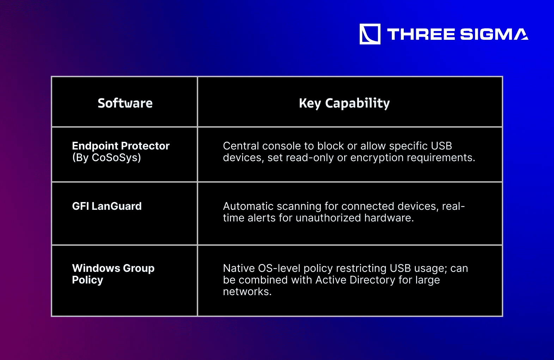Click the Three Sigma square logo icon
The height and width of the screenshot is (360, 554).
pyautogui.click(x=370, y=34)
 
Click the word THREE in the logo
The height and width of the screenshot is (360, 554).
pyautogui.click(x=421, y=34)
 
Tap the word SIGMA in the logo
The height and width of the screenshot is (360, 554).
pyautogui.click(x=494, y=34)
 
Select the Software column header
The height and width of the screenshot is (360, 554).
pyautogui.click(x=125, y=103)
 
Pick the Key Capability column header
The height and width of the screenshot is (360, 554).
pyautogui.click(x=344, y=103)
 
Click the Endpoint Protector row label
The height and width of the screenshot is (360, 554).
pyautogui.click(x=121, y=146)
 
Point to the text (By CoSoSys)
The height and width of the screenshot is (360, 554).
pyautogui.click(x=106, y=158)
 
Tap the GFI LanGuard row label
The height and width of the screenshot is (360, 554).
pyautogui.click(x=107, y=206)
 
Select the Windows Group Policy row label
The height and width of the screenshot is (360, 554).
pyautogui.click(x=113, y=274)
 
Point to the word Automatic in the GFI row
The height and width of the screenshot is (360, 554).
pyautogui.click(x=248, y=206)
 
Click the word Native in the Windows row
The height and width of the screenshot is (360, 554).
pyautogui.click(x=239, y=268)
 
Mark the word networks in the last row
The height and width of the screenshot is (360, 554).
pyautogui.click(x=247, y=292)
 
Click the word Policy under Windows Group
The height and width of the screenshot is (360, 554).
pyautogui.click(x=87, y=280)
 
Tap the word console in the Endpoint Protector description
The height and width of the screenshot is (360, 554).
pyautogui.click(x=281, y=146)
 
